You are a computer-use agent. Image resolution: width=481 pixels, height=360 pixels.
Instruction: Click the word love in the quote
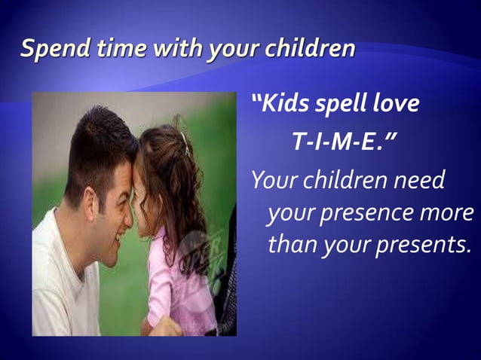tap(397, 104)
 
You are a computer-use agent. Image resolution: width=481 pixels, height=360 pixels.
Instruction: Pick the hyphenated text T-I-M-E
tap(337, 143)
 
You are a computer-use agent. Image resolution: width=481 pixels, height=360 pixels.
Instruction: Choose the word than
tap(291, 244)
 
